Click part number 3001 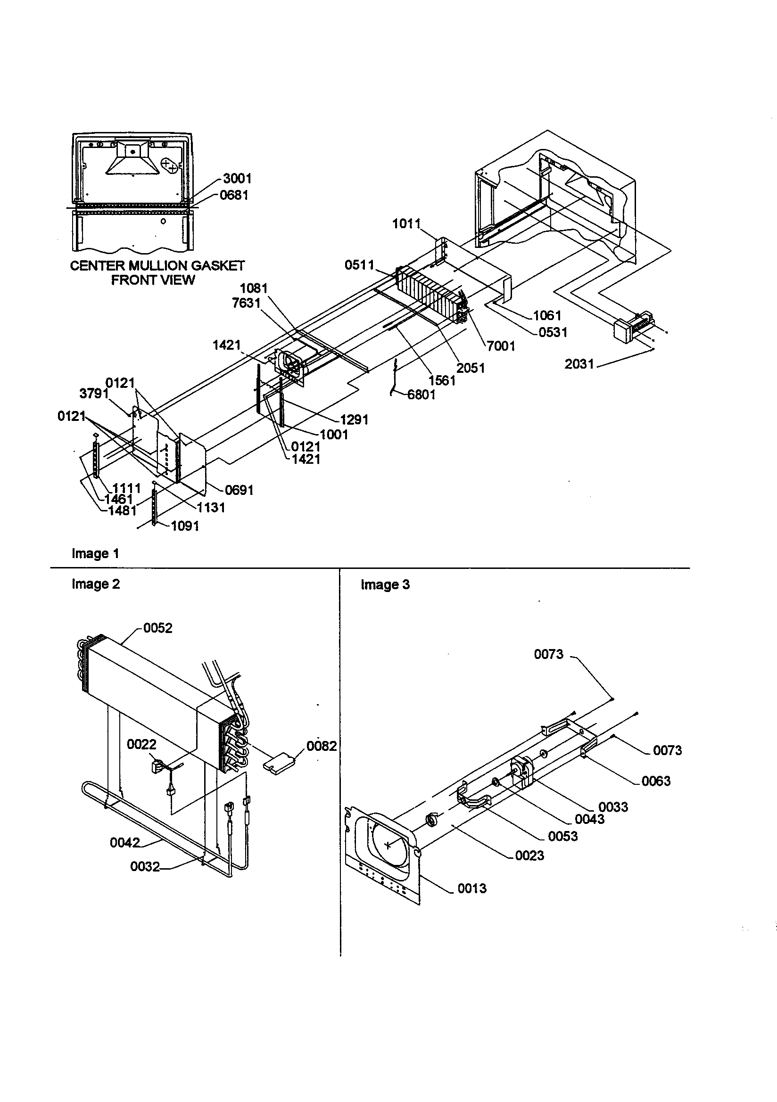[x=237, y=179]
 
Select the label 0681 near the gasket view [x=234, y=195]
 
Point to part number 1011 [x=406, y=224]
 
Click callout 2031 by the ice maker [x=579, y=364]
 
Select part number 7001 [x=501, y=345]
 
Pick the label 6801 [x=421, y=395]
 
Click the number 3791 [x=94, y=394]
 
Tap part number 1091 [x=185, y=526]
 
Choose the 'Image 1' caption [x=95, y=553]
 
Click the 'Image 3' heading [x=385, y=584]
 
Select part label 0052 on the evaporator [x=157, y=628]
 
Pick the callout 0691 [x=239, y=490]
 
